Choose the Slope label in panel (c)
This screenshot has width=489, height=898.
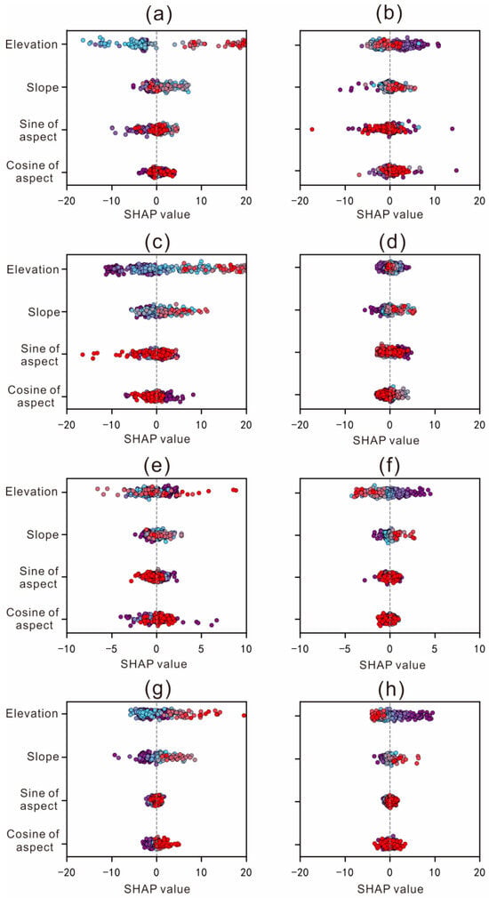pyautogui.click(x=44, y=312)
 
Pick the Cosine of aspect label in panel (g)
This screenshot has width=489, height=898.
pyautogui.click(x=33, y=838)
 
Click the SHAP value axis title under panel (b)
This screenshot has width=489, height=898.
pyautogui.click(x=389, y=215)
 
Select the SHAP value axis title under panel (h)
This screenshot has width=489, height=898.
pyautogui.click(x=389, y=889)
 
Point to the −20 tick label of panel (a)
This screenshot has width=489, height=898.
pyautogui.click(x=66, y=202)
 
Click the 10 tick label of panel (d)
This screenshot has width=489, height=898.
pyautogui.click(x=435, y=428)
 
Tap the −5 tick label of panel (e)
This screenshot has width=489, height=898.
pyautogui.click(x=111, y=651)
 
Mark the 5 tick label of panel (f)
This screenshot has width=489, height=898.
pyautogui.click(x=435, y=651)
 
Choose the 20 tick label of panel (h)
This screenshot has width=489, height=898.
pyautogui.click(x=480, y=877)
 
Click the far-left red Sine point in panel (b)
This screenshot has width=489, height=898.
pyautogui.click(x=312, y=130)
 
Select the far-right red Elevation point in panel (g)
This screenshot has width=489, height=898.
pyautogui.click(x=244, y=716)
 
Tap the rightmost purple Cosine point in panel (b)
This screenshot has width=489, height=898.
pyautogui.click(x=456, y=170)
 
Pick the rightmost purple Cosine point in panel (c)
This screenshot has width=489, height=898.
pyautogui.click(x=194, y=395)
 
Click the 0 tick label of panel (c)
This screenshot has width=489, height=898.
pyautogui.click(x=156, y=428)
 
